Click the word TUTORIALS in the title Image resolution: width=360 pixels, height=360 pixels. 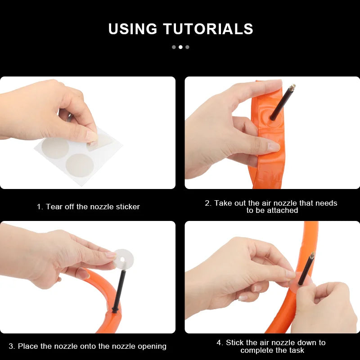click(208, 29)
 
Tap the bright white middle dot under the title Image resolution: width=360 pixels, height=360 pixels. click(181, 47)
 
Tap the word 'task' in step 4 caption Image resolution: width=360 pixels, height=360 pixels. click(297, 351)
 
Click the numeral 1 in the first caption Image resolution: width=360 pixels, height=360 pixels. click(39, 207)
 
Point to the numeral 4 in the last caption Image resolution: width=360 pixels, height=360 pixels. click(219, 343)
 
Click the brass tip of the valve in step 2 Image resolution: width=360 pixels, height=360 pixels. click(292, 87)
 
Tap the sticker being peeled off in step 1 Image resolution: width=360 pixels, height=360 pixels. click(99, 142)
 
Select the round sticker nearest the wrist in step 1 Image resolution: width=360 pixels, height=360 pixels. click(55, 148)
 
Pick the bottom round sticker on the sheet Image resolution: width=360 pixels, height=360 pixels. click(80, 165)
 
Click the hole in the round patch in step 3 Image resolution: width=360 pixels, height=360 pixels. click(122, 260)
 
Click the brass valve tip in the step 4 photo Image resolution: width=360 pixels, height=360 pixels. click(312, 256)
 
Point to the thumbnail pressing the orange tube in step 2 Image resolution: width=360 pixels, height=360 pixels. click(274, 147)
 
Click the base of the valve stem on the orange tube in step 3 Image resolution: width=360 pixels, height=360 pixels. click(115, 310)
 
